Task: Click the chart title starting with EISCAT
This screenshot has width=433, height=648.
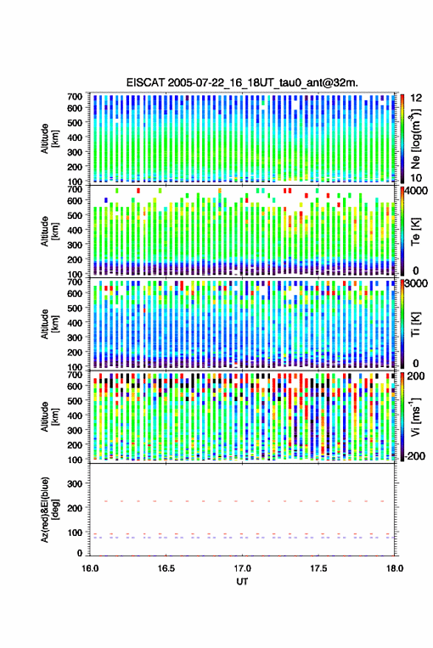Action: tap(242, 83)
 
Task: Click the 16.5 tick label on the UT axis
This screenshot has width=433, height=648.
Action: tap(166, 568)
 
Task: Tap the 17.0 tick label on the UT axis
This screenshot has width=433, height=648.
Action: tap(243, 568)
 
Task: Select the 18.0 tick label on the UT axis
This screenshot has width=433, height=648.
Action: tap(395, 568)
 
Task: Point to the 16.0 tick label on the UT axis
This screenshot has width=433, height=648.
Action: tap(90, 568)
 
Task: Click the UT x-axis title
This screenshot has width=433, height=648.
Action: tap(243, 582)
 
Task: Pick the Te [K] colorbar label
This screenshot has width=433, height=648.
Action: tap(415, 231)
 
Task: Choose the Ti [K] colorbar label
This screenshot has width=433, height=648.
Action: tap(415, 324)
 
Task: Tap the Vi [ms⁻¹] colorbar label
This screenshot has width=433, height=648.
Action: tap(415, 417)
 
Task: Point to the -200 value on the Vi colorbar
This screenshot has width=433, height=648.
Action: tap(415, 456)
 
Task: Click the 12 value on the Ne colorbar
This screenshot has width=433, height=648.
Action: tap(416, 98)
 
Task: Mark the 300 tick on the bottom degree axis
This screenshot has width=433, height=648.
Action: tap(75, 484)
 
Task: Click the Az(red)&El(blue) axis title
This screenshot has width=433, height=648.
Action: tap(49, 509)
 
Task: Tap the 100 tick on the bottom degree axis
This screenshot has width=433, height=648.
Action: tap(75, 532)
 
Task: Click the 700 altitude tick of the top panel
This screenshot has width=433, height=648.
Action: tap(75, 97)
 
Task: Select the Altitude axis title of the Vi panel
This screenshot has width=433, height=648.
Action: tap(49, 417)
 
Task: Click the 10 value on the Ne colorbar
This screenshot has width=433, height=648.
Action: tap(416, 178)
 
